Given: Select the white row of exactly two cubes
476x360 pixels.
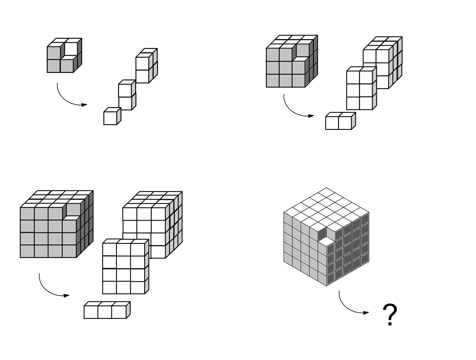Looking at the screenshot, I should [x=340, y=122].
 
